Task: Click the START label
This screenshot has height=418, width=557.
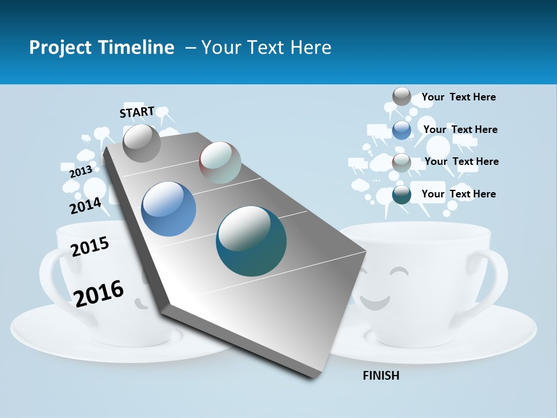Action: click(137, 112)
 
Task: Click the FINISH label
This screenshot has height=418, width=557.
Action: click(381, 376)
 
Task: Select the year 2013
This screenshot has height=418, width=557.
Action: click(81, 172)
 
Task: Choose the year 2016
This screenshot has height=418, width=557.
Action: click(99, 293)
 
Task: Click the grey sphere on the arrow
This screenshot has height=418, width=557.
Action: click(142, 143)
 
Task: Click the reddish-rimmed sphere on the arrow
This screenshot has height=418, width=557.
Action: click(220, 163)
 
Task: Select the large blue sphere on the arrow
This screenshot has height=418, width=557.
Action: click(168, 209)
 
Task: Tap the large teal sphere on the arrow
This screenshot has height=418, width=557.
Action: click(251, 241)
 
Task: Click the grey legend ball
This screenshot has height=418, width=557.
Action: click(402, 96)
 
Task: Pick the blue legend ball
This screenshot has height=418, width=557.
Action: click(402, 130)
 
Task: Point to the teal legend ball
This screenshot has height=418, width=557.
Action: click(402, 195)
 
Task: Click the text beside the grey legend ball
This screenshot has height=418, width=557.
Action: click(458, 97)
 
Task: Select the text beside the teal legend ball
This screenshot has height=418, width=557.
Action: click(458, 194)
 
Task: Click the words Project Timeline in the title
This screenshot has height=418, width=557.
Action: click(102, 48)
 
